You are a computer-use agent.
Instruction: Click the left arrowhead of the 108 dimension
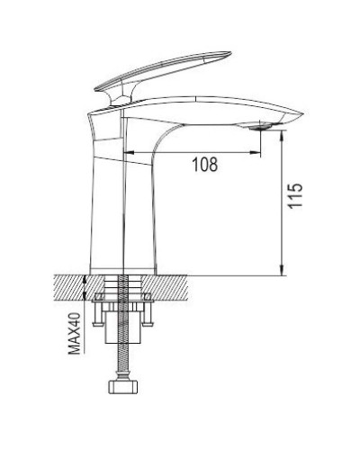click(126, 151)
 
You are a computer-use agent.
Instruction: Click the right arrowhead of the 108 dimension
click(255, 151)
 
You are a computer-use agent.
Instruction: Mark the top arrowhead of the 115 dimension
click(283, 132)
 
